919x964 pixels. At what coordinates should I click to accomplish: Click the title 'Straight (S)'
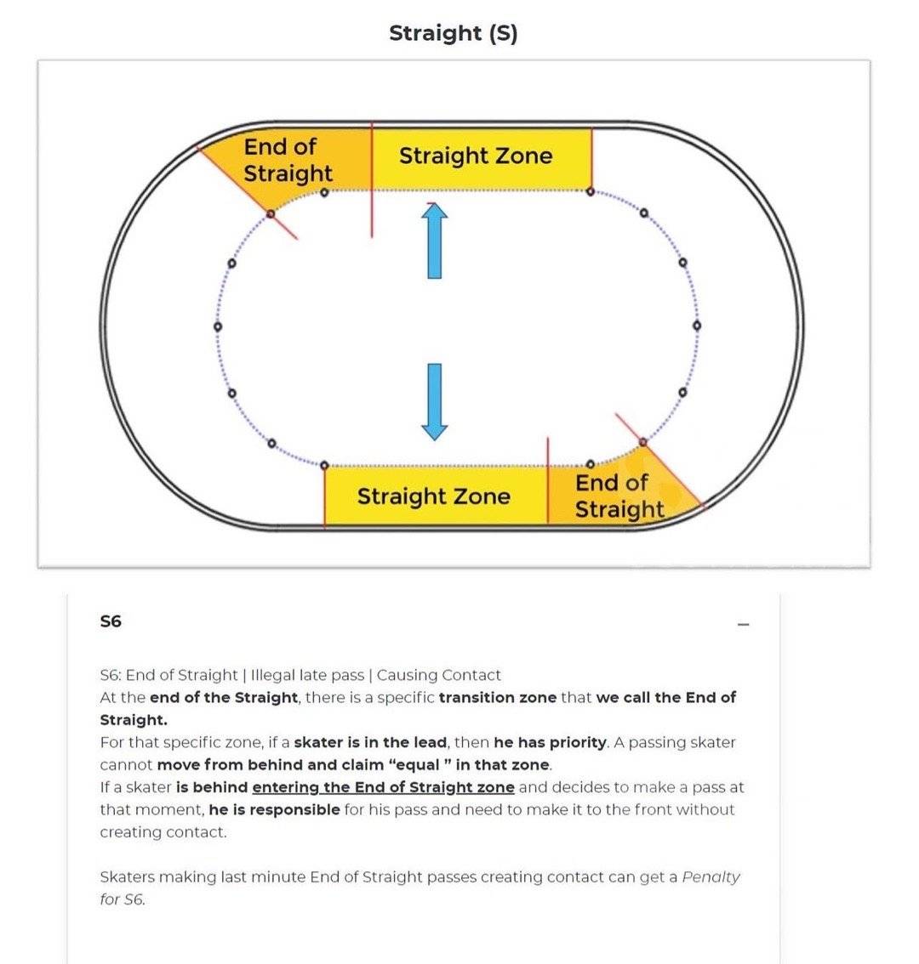click(453, 33)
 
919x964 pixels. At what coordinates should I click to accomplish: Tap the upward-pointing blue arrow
click(435, 241)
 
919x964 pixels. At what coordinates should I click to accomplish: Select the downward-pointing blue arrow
click(435, 402)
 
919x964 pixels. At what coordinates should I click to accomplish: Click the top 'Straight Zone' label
click(476, 156)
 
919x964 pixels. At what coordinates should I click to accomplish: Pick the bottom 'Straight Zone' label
click(434, 496)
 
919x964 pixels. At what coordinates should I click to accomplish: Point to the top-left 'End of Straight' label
click(288, 160)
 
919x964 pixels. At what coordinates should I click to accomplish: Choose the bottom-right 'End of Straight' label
click(619, 496)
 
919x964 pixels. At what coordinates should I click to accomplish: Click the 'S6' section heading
click(111, 621)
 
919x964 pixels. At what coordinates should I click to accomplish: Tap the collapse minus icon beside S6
click(744, 624)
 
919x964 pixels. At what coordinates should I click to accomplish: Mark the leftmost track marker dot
click(218, 326)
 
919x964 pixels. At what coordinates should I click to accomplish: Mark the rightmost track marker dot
click(697, 326)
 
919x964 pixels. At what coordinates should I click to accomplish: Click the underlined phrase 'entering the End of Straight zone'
click(384, 787)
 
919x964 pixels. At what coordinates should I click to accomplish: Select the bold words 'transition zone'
click(497, 698)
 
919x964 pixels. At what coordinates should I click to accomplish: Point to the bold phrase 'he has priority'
click(551, 743)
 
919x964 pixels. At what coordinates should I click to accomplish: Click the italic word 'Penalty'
click(711, 877)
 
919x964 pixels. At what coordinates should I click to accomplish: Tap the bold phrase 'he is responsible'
click(275, 809)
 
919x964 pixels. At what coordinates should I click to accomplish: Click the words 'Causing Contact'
click(439, 675)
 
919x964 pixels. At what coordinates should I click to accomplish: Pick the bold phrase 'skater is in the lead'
click(370, 743)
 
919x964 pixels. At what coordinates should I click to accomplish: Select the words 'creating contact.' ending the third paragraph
click(163, 832)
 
